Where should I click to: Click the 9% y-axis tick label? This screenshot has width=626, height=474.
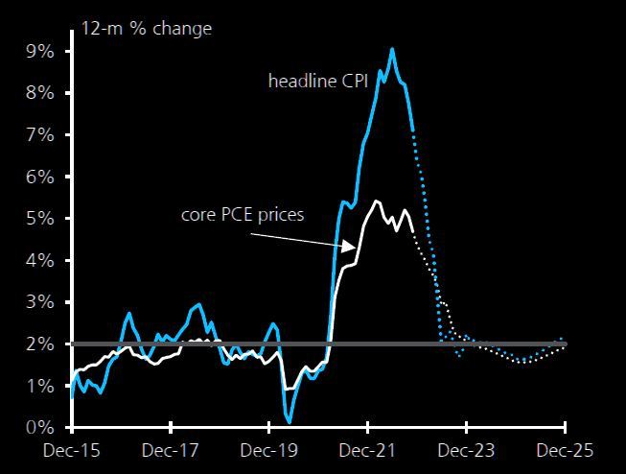[x=40, y=52]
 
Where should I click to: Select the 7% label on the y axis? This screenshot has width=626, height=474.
[x=40, y=135]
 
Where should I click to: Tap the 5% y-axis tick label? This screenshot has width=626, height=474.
[x=40, y=219]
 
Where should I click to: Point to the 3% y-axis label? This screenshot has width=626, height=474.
[x=40, y=302]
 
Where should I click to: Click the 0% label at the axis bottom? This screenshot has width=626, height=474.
[x=40, y=428]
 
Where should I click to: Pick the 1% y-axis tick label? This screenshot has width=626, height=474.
[x=40, y=386]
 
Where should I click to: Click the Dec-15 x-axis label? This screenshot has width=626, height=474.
[x=72, y=451]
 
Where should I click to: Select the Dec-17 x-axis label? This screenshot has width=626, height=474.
[x=170, y=451]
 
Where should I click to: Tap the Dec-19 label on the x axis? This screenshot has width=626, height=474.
[x=269, y=451]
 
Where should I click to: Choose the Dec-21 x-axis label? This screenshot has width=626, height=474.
[x=367, y=451]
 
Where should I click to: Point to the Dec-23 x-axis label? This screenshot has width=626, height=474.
[x=466, y=451]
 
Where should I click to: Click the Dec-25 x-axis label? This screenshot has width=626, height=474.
[x=565, y=451]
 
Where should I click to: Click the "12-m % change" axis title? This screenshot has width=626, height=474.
[x=147, y=29]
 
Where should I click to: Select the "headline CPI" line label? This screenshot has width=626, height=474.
[x=318, y=82]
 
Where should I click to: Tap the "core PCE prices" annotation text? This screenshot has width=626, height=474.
[x=243, y=215]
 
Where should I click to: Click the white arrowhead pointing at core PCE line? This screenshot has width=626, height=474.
[x=349, y=247]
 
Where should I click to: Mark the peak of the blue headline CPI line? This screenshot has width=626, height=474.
[x=392, y=50]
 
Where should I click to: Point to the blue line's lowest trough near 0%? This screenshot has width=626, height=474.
[x=290, y=421]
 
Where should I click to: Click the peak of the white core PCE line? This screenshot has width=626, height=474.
[x=376, y=201]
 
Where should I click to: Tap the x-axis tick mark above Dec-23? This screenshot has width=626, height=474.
[x=466, y=427]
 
